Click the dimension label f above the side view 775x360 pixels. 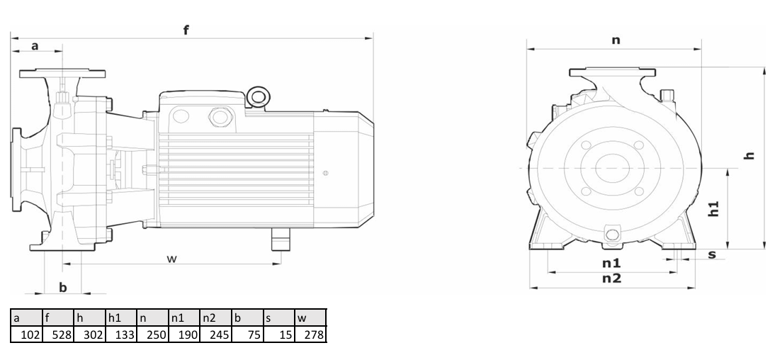(186, 30)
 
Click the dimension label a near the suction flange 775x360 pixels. (35, 46)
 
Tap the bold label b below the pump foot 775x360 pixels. (63, 287)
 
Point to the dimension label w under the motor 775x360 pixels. (171, 259)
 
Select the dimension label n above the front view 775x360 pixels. (616, 40)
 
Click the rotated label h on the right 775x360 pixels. (749, 155)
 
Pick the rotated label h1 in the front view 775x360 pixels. (713, 208)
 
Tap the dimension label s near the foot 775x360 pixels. (712, 254)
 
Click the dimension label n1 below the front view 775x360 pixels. (611, 263)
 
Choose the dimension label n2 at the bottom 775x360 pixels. (611, 279)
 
